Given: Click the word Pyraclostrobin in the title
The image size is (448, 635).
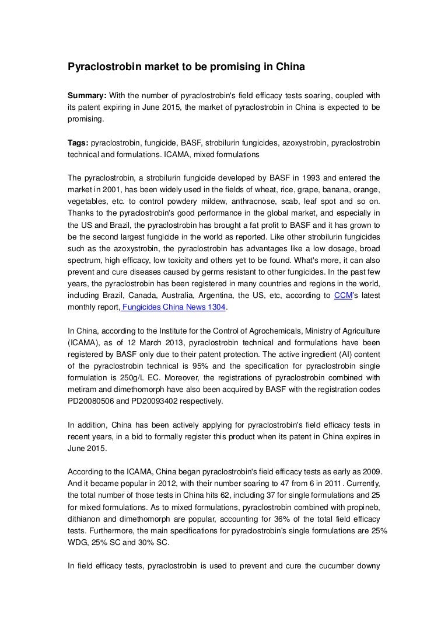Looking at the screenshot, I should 104,67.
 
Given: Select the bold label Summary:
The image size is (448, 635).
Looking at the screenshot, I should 89,96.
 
